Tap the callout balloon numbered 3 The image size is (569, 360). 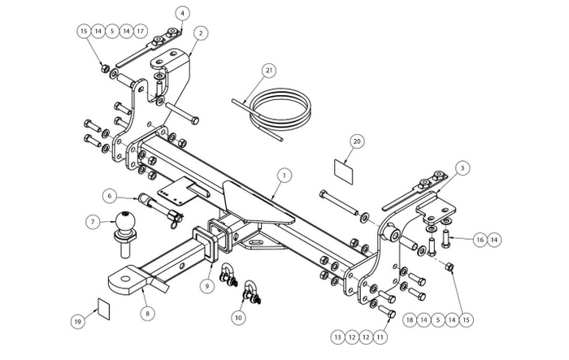[x=463, y=168]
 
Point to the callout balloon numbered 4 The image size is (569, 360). [x=182, y=13]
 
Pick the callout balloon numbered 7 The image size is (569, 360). [x=94, y=221]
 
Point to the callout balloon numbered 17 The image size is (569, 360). [x=141, y=32]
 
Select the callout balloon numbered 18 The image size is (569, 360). [x=410, y=321]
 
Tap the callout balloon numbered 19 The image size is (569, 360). [x=77, y=322]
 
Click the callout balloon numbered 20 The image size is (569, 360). [x=355, y=141]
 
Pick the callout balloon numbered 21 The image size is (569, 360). [x=269, y=71]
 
